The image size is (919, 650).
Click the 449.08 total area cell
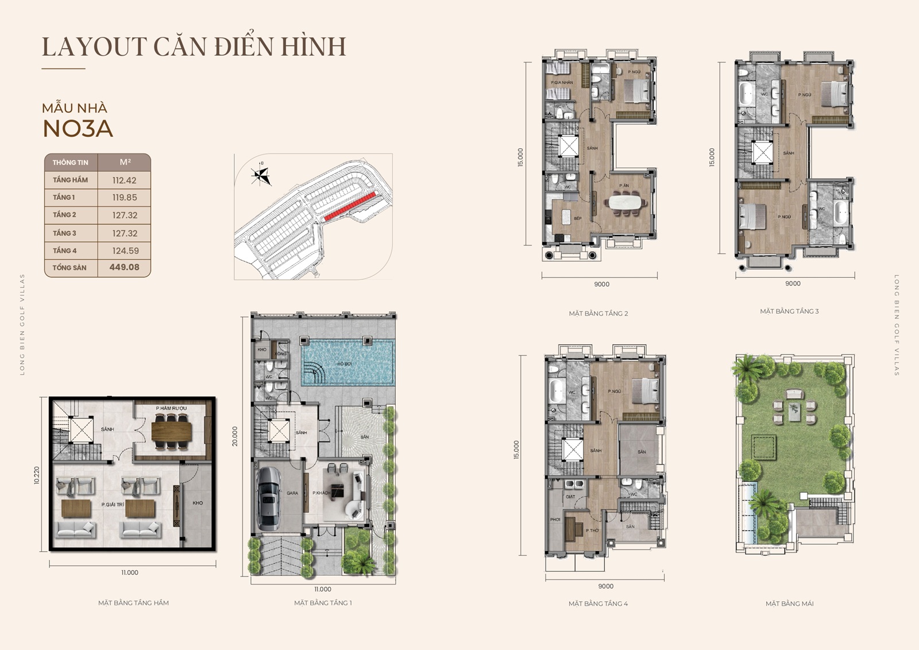[124, 267]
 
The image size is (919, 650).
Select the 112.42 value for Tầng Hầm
[124, 180]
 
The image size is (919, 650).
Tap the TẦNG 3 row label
[64, 233]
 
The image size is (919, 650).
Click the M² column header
[125, 162]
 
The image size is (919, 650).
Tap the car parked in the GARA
[269, 498]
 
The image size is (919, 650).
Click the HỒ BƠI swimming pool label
[344, 364]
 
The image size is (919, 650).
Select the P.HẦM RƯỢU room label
[171, 408]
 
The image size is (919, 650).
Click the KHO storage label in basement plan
[198, 503]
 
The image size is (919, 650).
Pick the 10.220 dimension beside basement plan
[37, 475]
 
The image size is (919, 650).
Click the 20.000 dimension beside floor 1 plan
[235, 436]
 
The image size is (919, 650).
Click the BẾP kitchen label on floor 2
[577, 218]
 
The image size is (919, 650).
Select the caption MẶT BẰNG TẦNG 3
[789, 311]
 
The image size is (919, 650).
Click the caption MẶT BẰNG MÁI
[789, 603]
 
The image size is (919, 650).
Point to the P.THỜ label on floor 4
[592, 530]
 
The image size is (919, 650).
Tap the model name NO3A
[78, 129]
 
